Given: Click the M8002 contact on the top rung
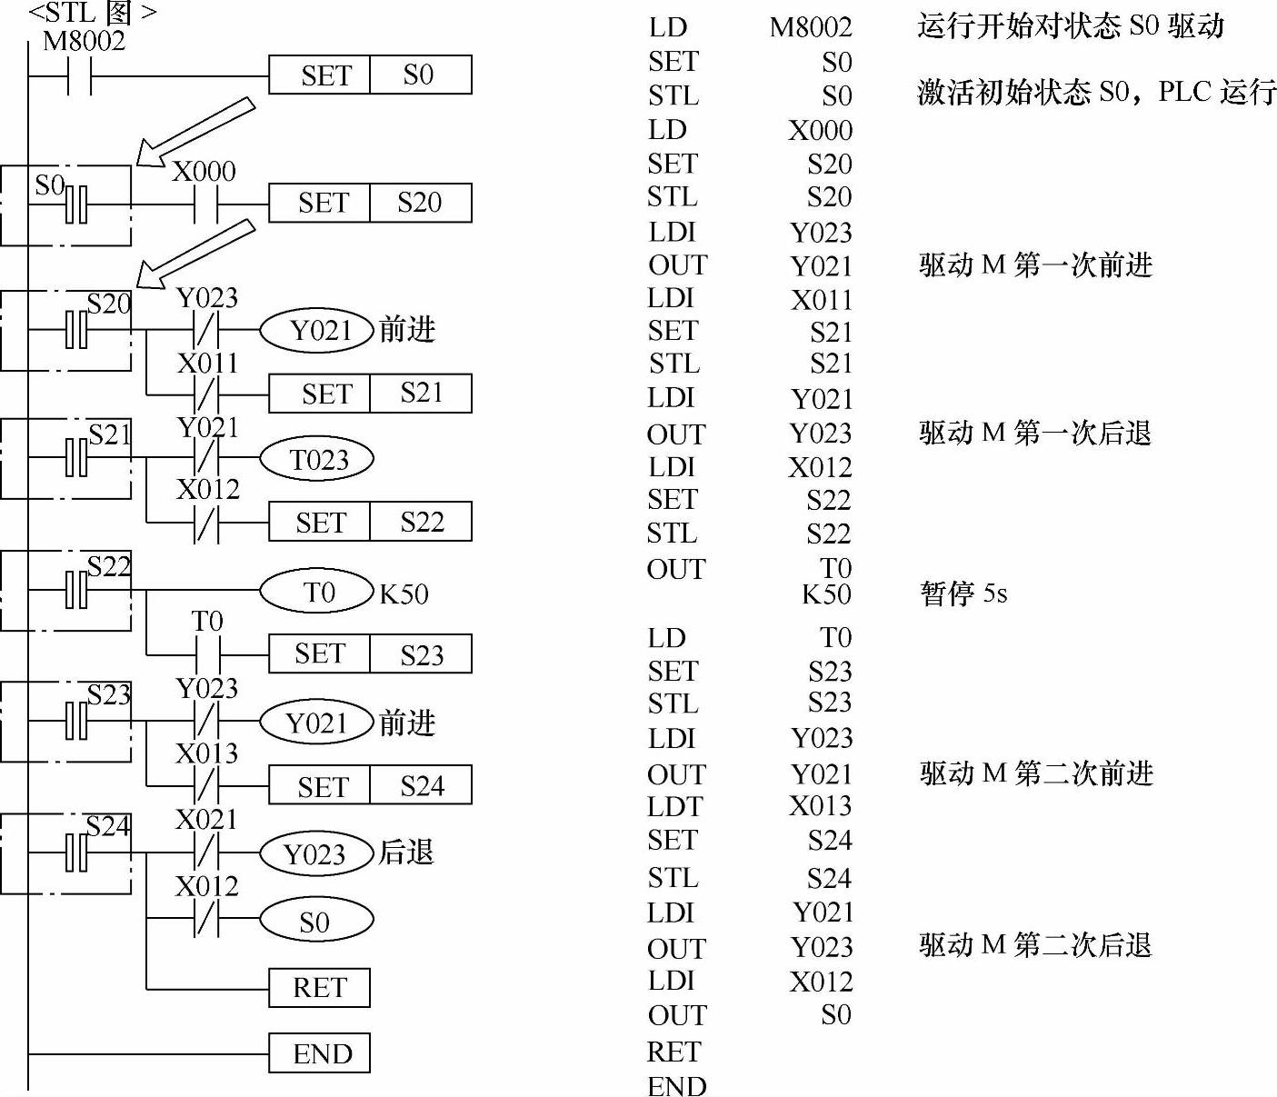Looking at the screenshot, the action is [x=80, y=76].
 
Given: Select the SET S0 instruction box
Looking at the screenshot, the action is [x=370, y=75].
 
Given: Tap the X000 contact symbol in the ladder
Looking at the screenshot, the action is [x=206, y=204].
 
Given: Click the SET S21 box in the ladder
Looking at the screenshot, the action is [x=370, y=394].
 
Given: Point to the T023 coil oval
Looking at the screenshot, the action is [x=317, y=460].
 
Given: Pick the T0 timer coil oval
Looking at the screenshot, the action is [x=317, y=593].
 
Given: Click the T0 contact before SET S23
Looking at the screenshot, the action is [x=208, y=654].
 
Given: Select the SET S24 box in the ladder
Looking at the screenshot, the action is [x=370, y=785].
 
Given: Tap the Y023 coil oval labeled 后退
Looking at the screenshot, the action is [x=316, y=854].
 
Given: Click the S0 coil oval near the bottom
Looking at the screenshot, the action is [x=316, y=922].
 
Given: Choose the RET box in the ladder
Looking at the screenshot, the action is [x=319, y=988].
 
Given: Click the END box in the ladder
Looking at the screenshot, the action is [x=319, y=1053].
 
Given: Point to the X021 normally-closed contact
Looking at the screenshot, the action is [x=207, y=853].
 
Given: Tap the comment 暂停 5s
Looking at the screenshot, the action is [x=963, y=594].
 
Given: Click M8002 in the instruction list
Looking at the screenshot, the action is [x=810, y=27].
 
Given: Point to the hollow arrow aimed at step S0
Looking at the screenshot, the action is [x=195, y=133].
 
